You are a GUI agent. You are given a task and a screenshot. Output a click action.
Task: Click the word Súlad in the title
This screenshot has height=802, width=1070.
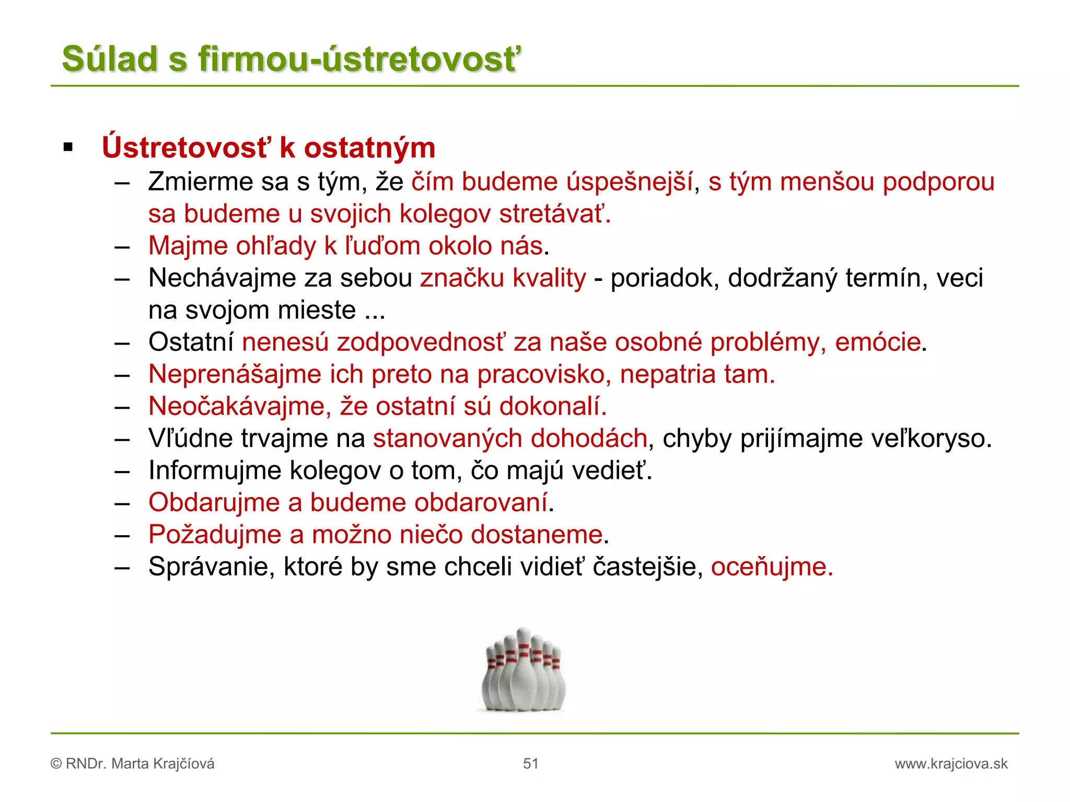(x=110, y=58)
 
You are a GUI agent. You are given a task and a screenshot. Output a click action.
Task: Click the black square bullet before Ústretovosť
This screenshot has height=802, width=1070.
(x=68, y=148)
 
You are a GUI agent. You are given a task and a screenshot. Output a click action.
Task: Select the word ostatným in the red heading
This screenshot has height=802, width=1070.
(x=369, y=148)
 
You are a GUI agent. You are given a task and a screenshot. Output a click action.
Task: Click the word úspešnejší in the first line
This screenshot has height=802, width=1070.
(x=630, y=182)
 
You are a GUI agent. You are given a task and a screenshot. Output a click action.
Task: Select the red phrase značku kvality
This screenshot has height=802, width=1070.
(x=503, y=278)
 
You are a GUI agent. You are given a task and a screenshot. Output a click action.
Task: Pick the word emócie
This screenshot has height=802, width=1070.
(x=877, y=343)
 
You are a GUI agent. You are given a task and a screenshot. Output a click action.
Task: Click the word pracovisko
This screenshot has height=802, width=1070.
(x=543, y=374)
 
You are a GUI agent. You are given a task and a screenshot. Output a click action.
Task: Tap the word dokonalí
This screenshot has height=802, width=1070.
(x=553, y=406)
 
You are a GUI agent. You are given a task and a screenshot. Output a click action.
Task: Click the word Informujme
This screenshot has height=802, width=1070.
(x=215, y=470)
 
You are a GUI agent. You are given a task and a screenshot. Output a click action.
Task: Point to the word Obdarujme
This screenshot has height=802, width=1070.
(x=214, y=502)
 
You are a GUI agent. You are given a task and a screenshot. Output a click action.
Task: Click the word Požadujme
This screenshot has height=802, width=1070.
(x=215, y=535)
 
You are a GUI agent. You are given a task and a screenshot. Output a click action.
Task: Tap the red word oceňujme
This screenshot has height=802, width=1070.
(x=771, y=567)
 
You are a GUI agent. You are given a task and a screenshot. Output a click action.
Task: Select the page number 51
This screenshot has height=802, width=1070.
(x=530, y=764)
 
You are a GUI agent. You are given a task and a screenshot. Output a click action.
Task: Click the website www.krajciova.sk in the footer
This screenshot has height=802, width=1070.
(x=951, y=764)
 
